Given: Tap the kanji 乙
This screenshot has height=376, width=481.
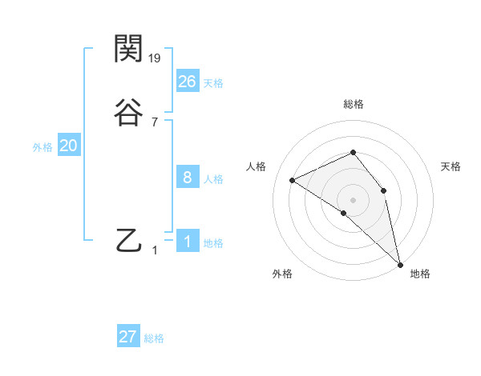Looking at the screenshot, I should click(129, 240).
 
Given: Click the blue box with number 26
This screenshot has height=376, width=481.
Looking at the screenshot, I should click(188, 81).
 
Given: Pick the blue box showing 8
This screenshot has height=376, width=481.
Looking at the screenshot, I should click(188, 178).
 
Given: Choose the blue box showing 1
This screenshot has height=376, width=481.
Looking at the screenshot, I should click(188, 241).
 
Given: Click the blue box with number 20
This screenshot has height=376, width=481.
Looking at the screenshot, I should click(69, 146).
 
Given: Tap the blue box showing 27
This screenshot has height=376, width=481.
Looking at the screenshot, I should click(128, 337).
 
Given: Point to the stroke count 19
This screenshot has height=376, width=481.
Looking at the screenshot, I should click(156, 58).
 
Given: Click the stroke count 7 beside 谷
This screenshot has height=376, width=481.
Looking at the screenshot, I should click(155, 122).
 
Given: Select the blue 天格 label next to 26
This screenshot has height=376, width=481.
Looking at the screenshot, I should click(213, 82).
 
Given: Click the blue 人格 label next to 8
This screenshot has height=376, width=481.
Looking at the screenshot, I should click(213, 179).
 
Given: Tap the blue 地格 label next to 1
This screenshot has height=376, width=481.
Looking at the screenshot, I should click(213, 243).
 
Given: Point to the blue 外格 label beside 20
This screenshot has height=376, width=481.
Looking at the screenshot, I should click(42, 147).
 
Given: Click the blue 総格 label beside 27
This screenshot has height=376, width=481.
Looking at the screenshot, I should click(154, 338).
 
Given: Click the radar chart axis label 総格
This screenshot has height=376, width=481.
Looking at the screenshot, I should click(353, 104).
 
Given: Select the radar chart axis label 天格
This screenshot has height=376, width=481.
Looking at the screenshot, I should click(451, 166).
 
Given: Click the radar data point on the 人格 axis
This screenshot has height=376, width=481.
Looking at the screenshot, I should click(293, 180).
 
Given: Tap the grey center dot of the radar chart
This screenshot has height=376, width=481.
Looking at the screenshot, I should click(353, 199).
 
